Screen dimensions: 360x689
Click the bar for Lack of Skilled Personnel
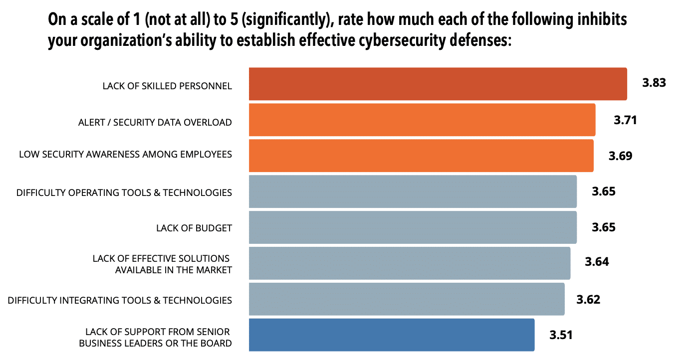(x=438, y=84)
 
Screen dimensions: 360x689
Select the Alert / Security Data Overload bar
(x=422, y=120)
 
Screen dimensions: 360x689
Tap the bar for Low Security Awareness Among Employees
(x=421, y=156)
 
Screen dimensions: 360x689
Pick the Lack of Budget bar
(x=412, y=227)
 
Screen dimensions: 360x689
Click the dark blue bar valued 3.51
(x=391, y=335)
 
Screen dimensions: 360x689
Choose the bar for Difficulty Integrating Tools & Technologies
(x=406, y=299)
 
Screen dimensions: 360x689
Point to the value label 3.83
(x=654, y=83)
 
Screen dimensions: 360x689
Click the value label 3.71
(x=625, y=120)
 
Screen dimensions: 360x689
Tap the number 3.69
(x=620, y=156)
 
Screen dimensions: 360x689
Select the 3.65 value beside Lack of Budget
(x=604, y=227)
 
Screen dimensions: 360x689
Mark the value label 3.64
(x=597, y=262)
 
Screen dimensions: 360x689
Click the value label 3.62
(x=588, y=300)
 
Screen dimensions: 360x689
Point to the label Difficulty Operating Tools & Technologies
(x=124, y=192)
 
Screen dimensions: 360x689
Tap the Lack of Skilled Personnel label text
(x=167, y=86)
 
